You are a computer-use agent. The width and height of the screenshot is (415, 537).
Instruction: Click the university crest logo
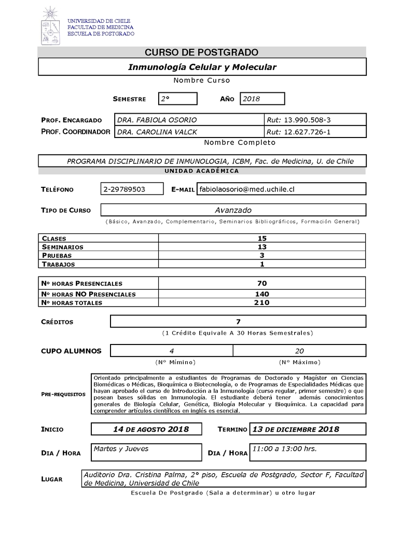(x=51, y=26)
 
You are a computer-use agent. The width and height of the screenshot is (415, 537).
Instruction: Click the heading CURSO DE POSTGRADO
(x=201, y=52)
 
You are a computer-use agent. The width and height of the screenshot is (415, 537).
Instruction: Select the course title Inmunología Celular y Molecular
(x=202, y=67)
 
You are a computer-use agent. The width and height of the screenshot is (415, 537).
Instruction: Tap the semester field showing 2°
(x=178, y=99)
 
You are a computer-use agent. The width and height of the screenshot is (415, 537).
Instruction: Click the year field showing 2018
(x=262, y=99)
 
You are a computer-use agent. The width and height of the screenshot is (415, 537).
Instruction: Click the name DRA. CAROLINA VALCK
(x=157, y=132)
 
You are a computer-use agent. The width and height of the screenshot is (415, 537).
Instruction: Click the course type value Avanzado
(x=233, y=210)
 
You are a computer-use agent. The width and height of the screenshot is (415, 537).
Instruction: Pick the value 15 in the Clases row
(x=262, y=238)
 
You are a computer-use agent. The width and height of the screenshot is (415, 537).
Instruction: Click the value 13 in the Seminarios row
(x=262, y=247)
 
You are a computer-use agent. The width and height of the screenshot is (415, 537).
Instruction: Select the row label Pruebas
(x=57, y=256)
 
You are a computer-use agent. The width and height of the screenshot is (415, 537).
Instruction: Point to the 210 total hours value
(x=262, y=303)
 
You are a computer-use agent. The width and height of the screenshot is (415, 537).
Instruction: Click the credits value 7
(x=238, y=322)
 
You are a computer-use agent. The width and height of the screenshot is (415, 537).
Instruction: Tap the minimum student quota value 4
(x=172, y=351)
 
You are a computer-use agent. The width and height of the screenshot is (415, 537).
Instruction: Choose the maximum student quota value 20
(x=299, y=351)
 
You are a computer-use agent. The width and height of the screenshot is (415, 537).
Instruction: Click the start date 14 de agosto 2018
(x=150, y=429)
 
